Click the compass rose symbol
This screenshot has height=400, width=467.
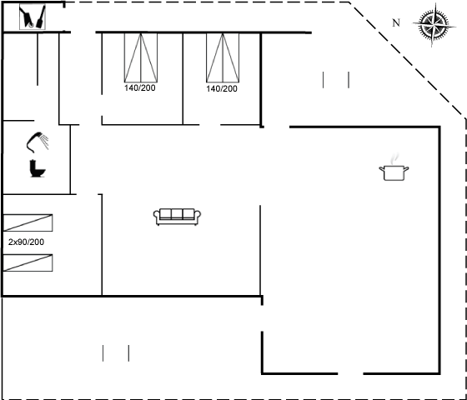pyautogui.click(x=434, y=25)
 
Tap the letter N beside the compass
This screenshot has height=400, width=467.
pyautogui.click(x=396, y=23)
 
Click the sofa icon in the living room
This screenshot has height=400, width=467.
pyautogui.click(x=177, y=217)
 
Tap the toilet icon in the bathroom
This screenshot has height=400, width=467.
pyautogui.click(x=38, y=168)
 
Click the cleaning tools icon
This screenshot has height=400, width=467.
pyautogui.click(x=33, y=17)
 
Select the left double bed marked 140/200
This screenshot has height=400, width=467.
pyautogui.click(x=141, y=57)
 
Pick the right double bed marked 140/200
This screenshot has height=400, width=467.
pyautogui.click(x=223, y=57)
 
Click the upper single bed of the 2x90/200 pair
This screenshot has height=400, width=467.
pyautogui.click(x=28, y=222)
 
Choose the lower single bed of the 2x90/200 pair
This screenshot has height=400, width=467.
pyautogui.click(x=28, y=262)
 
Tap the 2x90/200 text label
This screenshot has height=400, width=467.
pyautogui.click(x=26, y=242)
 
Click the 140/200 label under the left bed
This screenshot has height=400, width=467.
pyautogui.click(x=140, y=88)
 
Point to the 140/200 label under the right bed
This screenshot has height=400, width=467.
pyautogui.click(x=222, y=88)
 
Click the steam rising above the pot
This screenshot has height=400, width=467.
pyautogui.click(x=394, y=159)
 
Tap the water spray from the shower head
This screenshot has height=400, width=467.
pyautogui.click(x=44, y=142)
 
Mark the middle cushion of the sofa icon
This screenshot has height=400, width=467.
pyautogui.click(x=177, y=213)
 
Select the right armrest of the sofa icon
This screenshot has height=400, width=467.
pyautogui.click(x=197, y=217)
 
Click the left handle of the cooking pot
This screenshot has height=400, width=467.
pyautogui.click(x=382, y=169)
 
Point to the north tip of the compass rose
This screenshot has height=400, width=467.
pyautogui.click(x=435, y=4)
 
